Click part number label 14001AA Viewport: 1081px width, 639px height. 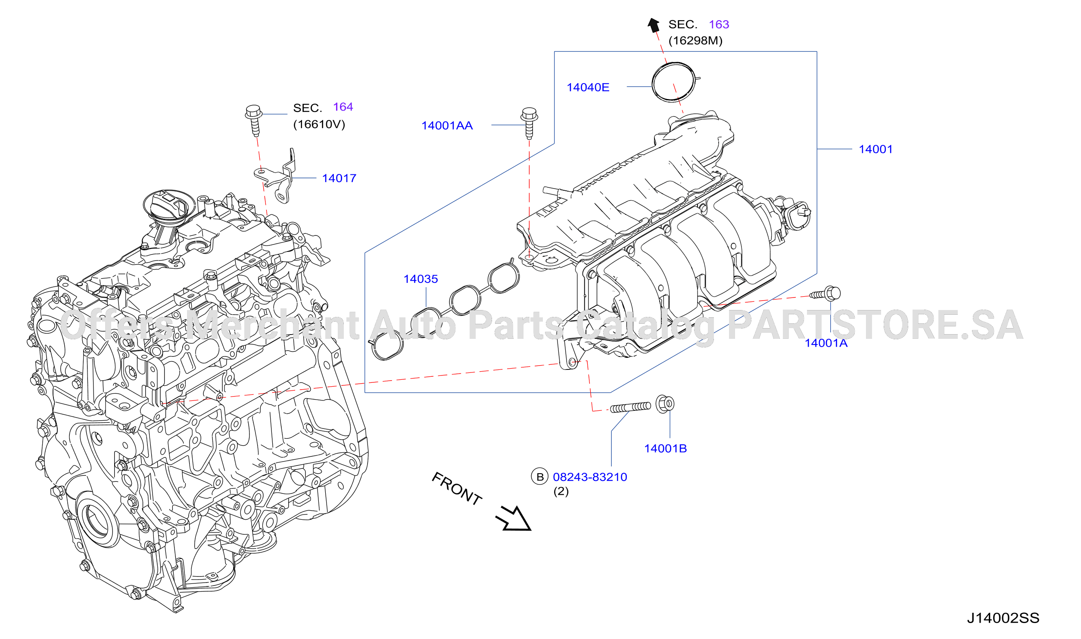click(x=447, y=126)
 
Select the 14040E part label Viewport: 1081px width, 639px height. click(x=588, y=87)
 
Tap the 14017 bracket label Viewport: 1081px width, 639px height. click(x=339, y=178)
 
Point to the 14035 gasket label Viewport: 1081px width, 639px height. click(x=421, y=279)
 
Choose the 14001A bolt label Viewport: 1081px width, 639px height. click(x=826, y=343)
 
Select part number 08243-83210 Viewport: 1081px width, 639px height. click(x=590, y=477)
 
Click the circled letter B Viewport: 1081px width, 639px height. click(x=539, y=477)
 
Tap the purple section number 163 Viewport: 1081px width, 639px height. click(x=719, y=25)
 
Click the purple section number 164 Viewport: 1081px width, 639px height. click(x=343, y=107)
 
